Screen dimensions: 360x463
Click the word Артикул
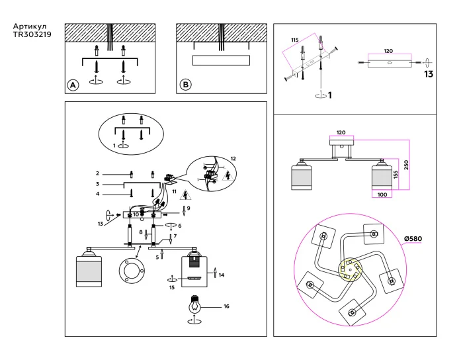(x=29, y=27)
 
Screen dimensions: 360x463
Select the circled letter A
(x=73, y=85)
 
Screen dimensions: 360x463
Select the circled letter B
(x=186, y=85)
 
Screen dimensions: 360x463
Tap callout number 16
(x=227, y=306)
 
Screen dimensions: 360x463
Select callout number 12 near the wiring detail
(x=232, y=158)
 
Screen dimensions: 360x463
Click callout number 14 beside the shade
(x=222, y=274)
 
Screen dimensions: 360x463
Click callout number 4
(x=97, y=194)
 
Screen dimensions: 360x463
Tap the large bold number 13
(x=429, y=73)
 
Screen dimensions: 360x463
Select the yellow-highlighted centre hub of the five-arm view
(x=350, y=270)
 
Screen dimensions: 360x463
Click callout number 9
(x=189, y=208)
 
